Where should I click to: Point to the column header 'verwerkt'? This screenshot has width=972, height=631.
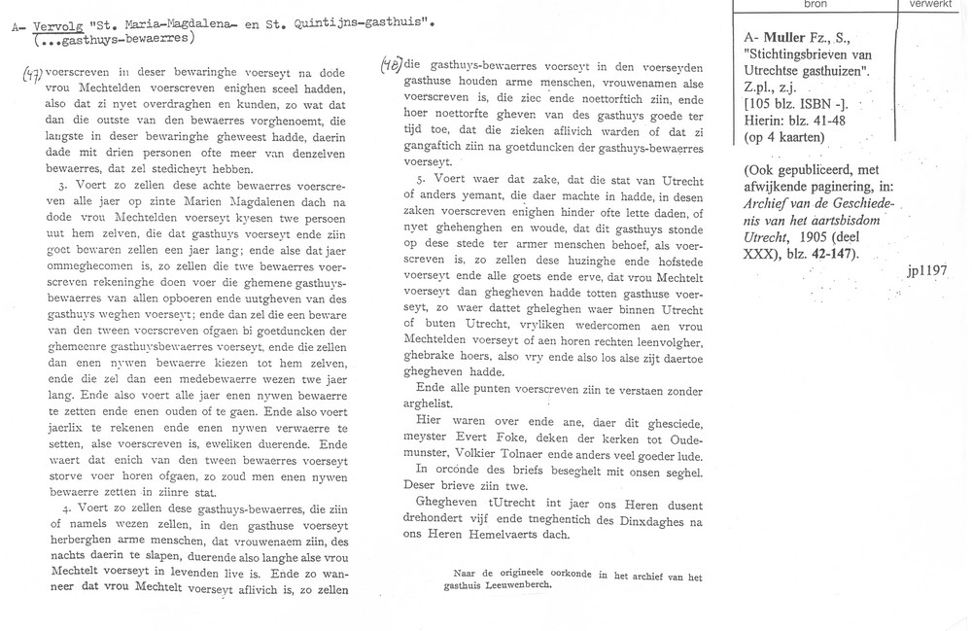point(929,5)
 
